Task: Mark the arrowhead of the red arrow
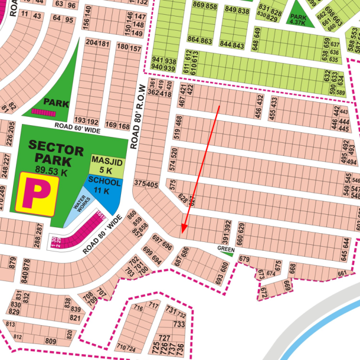click(x=184, y=230)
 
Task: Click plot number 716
click(x=139, y=309)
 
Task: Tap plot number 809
click(x=50, y=341)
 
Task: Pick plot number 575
click(x=172, y=185)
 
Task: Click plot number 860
click(x=132, y=215)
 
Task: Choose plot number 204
click(x=91, y=44)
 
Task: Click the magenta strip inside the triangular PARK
click(x=43, y=111)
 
